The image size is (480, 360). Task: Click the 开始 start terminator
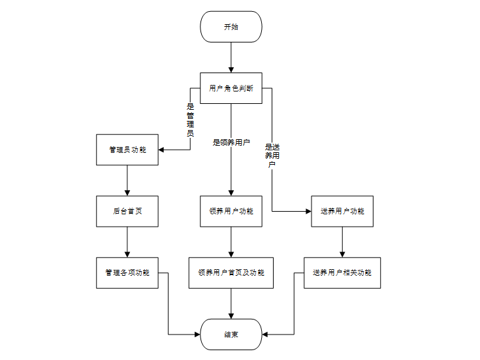[x=231, y=27]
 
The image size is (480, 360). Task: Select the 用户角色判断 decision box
[x=231, y=88]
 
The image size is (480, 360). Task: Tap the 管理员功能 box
[x=127, y=150]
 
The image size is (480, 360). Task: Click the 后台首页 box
[x=127, y=211]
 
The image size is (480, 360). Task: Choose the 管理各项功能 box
[x=127, y=272]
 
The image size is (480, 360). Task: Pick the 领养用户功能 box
[x=231, y=211]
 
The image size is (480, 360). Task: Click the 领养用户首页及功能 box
[x=231, y=272]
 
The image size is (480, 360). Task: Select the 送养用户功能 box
[x=342, y=211]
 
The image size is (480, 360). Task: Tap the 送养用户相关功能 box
[x=342, y=272]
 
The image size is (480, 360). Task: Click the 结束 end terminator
[x=231, y=334]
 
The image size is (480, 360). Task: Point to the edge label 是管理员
[x=191, y=120]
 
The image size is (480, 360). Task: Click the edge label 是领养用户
[x=231, y=142]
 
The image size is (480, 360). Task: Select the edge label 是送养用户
[x=272, y=155]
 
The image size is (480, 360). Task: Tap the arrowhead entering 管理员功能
[x=162, y=150]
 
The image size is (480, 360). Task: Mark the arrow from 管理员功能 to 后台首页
[x=127, y=180]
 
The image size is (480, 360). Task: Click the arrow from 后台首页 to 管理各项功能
[x=127, y=242]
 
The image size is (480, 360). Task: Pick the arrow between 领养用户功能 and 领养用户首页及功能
[x=231, y=242]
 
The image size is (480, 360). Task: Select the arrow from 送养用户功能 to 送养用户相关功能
[x=342, y=242]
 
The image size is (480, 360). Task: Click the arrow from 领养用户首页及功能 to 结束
[x=231, y=303]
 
